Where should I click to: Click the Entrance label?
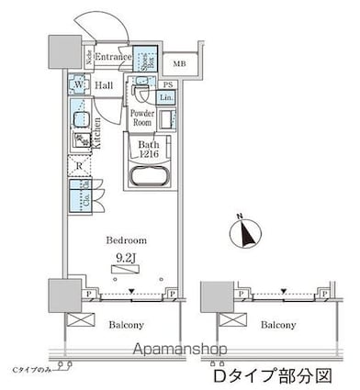[x=113, y=57]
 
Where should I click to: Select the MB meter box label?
[x=178, y=64]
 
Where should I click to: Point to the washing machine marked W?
[x=78, y=86]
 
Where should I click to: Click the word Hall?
[x=104, y=85]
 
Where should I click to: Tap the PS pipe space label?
[x=167, y=84]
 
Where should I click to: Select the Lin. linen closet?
[x=166, y=97]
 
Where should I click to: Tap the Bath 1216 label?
[x=150, y=150]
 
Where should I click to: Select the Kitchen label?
[x=96, y=135]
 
